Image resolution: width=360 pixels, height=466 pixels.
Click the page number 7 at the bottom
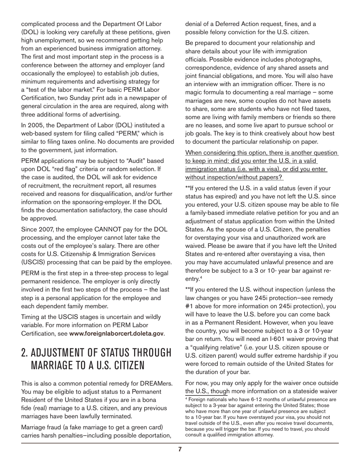click(x=180, y=449)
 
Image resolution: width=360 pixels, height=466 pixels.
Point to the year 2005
click(x=36, y=125)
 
